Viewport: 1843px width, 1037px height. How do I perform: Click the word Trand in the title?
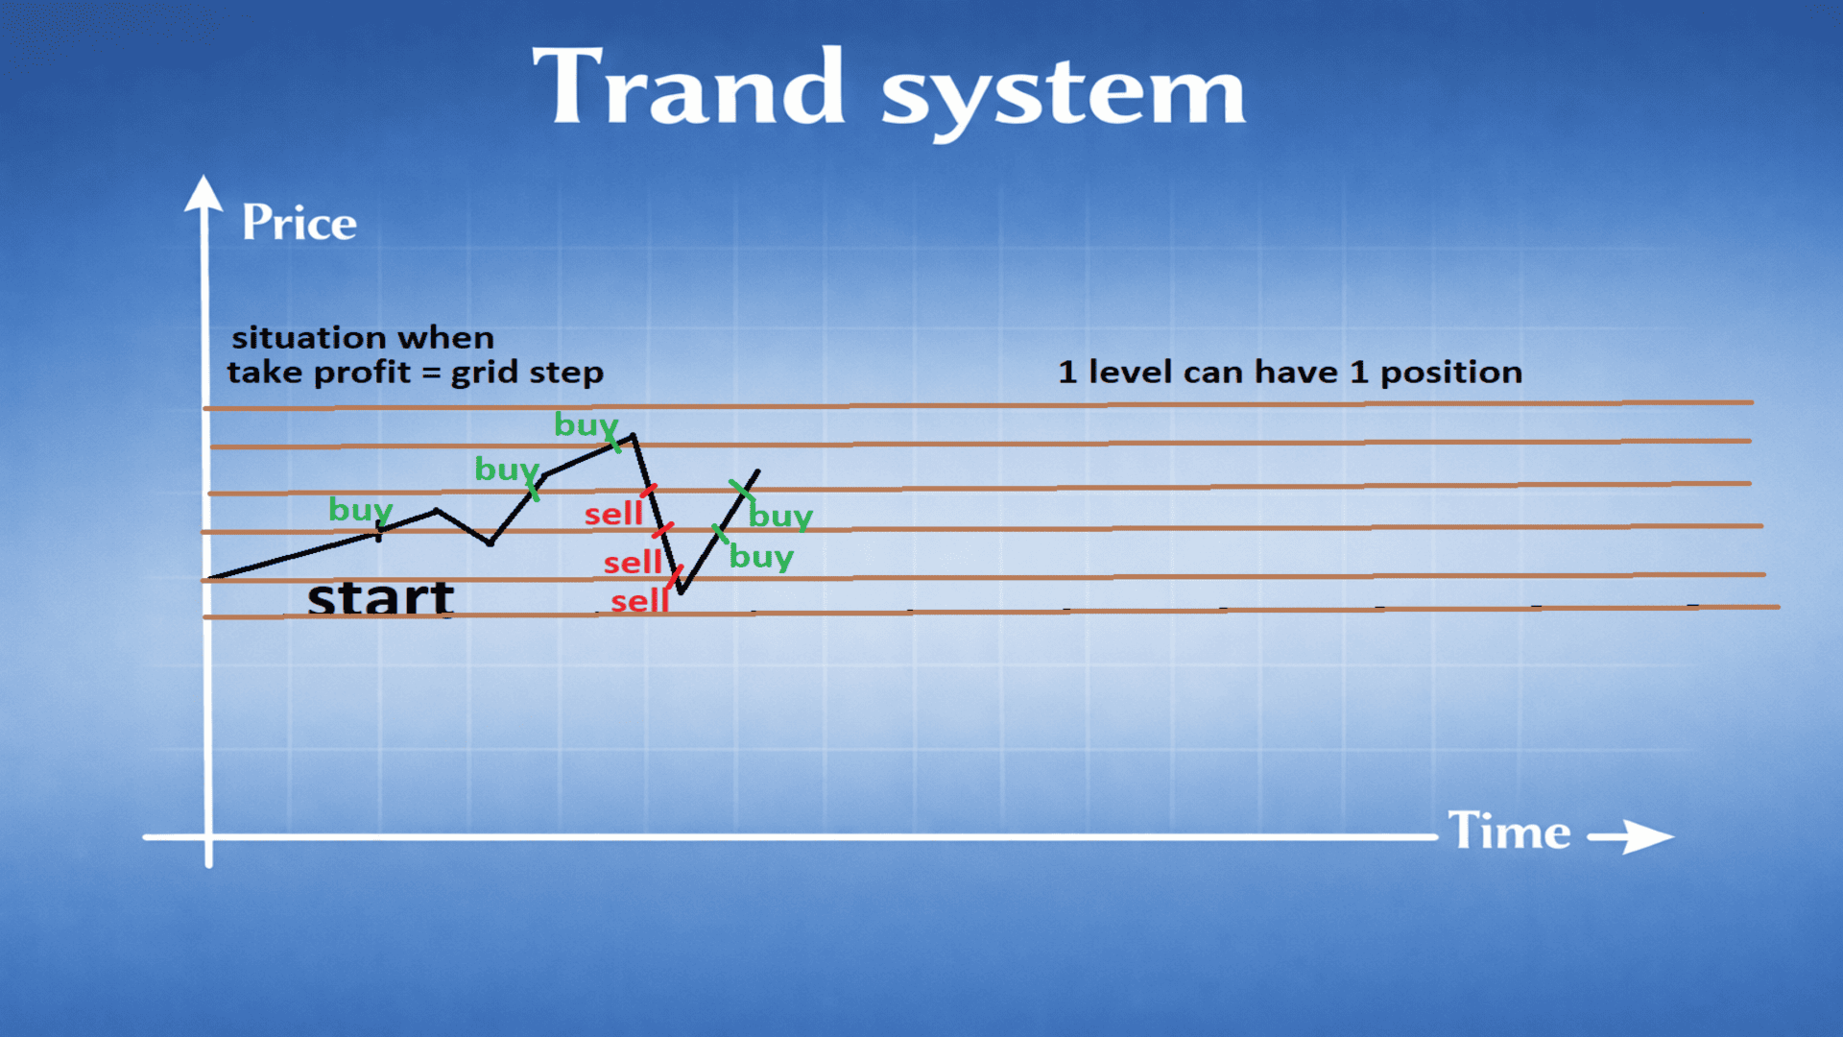688,87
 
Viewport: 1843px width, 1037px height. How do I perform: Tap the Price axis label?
299,222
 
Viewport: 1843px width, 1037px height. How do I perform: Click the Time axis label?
1509,830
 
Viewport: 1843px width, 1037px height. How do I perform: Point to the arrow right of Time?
1630,836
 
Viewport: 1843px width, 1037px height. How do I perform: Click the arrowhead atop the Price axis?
203,192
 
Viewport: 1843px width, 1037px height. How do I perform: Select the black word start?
380,597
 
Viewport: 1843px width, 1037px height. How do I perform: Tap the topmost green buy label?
586,424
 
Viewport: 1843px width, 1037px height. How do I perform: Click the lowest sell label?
639,601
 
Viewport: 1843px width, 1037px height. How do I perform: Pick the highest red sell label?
613,514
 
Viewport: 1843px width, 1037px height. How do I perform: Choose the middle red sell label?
633,562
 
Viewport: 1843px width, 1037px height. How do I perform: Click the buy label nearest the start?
360,510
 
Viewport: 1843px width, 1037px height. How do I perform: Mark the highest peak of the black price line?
633,436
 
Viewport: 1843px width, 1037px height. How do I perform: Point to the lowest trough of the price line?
681,591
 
